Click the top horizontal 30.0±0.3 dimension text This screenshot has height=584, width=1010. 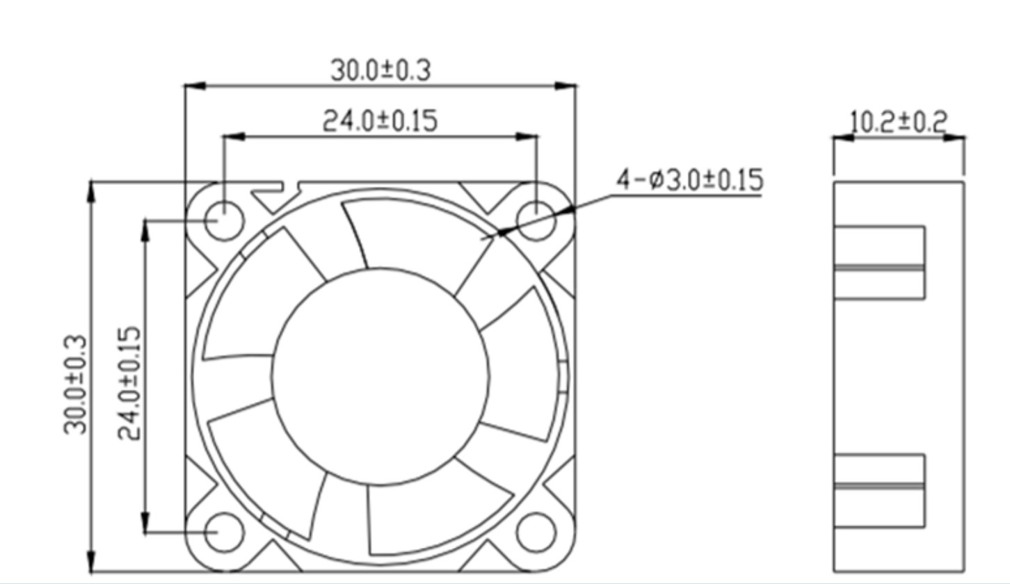point(380,70)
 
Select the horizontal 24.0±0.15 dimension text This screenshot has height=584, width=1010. point(380,121)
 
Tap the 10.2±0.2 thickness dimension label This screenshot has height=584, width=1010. point(899,122)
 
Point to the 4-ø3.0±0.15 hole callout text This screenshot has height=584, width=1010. point(689,180)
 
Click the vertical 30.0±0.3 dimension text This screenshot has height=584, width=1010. point(77,384)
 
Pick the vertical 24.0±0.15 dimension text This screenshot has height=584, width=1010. point(129,384)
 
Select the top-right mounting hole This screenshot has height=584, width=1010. point(536,220)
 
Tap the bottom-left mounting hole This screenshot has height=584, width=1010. point(225,533)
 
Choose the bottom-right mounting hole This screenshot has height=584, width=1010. point(536,533)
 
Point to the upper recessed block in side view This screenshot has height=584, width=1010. point(879,262)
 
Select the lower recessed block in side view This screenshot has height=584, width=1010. point(879,490)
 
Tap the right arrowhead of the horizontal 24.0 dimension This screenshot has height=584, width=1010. point(528,137)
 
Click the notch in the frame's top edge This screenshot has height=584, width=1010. point(291,186)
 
